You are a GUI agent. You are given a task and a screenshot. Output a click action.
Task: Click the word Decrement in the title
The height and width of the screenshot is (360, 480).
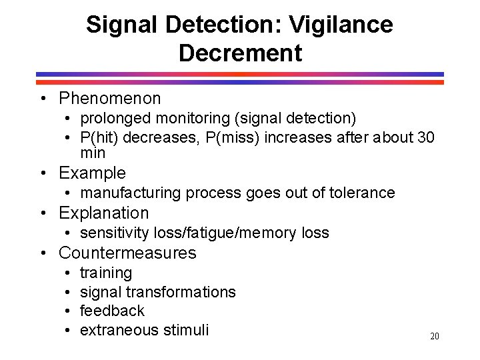(x=240, y=53)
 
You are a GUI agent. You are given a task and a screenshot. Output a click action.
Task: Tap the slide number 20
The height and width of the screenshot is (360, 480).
(x=435, y=337)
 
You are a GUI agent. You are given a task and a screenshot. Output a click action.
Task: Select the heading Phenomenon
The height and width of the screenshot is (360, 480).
(x=110, y=99)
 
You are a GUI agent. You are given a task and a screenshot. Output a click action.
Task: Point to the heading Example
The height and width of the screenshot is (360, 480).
(x=92, y=173)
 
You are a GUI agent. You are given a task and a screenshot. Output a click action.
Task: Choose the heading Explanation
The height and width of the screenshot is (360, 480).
(x=104, y=213)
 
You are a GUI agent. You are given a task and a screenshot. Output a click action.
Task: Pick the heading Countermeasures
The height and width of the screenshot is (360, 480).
(x=127, y=253)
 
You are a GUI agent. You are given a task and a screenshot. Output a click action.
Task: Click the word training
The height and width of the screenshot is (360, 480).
(x=106, y=273)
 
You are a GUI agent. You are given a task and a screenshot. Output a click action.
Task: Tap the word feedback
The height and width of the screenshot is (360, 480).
(x=112, y=311)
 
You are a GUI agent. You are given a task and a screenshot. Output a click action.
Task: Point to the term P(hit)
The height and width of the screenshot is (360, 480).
(x=99, y=137)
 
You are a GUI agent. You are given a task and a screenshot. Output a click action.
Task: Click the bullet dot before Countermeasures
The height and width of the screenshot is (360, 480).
(x=42, y=253)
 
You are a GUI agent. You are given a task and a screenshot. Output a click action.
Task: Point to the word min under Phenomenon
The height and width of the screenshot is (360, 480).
(x=93, y=153)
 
